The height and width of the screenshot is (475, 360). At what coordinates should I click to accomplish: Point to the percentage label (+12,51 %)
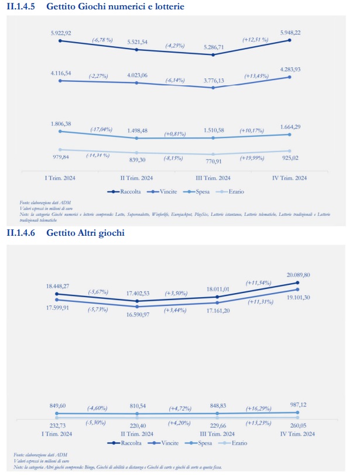(255, 40)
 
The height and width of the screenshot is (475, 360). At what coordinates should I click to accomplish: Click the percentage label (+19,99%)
(255, 158)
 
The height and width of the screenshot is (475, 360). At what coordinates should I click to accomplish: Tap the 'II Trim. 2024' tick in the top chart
(137, 178)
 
